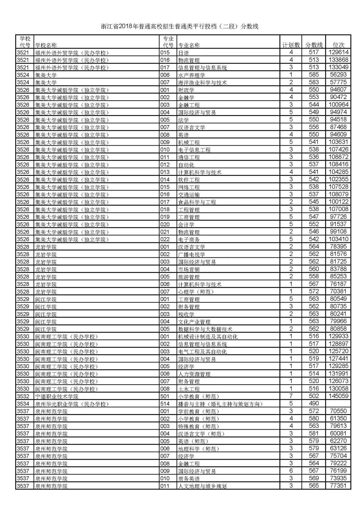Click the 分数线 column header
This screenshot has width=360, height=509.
[x=314, y=45]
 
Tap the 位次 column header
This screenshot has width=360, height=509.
[x=338, y=45]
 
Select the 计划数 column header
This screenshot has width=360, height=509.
[x=291, y=45]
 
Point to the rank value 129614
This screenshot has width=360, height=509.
[x=338, y=52]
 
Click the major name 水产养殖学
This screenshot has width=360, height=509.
[x=192, y=75]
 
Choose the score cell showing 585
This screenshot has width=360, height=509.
[x=314, y=75]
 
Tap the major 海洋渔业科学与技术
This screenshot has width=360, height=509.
[x=202, y=82]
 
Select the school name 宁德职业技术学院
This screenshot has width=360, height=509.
[x=57, y=396]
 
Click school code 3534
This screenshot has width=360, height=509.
[x=23, y=404]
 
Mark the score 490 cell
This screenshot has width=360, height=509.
[x=314, y=403]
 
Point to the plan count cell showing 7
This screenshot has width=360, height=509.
[x=291, y=396]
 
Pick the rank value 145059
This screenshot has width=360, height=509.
[x=338, y=396]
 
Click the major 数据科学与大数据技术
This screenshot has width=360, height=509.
[x=205, y=329]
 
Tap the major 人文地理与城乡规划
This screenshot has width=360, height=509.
[x=202, y=486]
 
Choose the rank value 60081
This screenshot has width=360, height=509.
[x=338, y=433]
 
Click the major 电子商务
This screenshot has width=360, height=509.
[x=189, y=239]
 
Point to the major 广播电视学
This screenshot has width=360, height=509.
[x=192, y=254]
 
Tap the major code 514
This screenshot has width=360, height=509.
[x=165, y=404]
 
